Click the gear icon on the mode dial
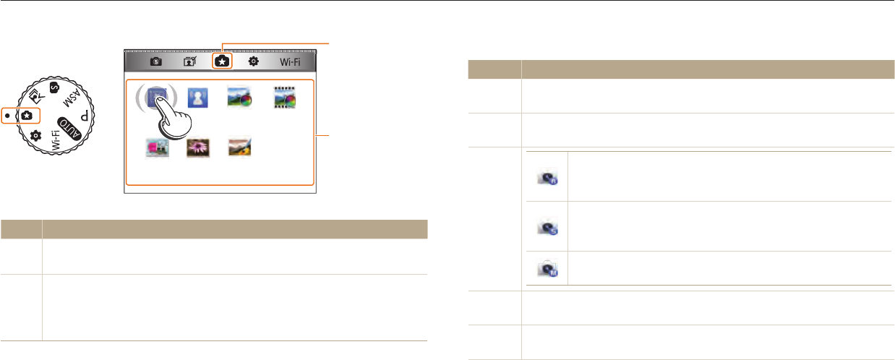[x=36, y=136]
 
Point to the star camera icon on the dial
[x=27, y=115]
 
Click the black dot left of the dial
[x=6, y=116]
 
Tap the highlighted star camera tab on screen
[x=221, y=62]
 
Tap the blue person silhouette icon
[x=197, y=98]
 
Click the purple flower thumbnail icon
[x=197, y=149]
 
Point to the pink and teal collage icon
[x=157, y=149]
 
